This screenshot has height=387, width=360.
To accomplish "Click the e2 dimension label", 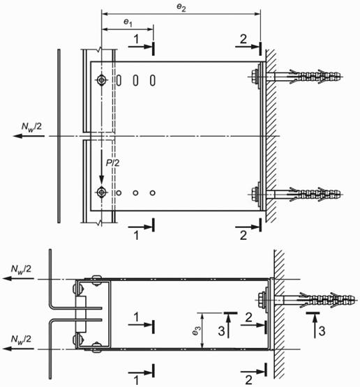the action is coord(181,8).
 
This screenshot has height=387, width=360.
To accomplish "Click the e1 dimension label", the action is coord(128,23).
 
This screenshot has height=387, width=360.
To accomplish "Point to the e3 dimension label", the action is coord(196,331).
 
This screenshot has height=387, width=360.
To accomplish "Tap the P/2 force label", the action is coord(112,163).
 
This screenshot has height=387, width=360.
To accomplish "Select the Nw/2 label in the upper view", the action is coord(31,127).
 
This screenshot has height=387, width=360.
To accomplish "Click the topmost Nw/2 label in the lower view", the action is coord(21,270).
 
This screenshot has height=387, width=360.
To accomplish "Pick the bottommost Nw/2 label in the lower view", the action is coord(21,340).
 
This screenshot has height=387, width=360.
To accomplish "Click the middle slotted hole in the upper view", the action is coord(135,80).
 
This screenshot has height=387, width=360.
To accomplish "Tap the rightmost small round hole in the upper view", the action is coord(153,192).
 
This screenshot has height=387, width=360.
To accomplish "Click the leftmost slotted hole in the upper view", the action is coord(119,80).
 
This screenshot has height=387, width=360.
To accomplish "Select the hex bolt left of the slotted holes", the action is coord(101,80).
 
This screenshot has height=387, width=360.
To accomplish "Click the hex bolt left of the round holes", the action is coord(101,192).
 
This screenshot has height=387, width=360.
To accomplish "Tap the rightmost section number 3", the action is coord(322,331).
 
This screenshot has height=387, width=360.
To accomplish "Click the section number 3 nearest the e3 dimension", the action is coord(221,331).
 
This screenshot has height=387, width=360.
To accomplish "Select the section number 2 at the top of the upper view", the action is coord(243,39).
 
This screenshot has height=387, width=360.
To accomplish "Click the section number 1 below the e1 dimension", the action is coord(136,39).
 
